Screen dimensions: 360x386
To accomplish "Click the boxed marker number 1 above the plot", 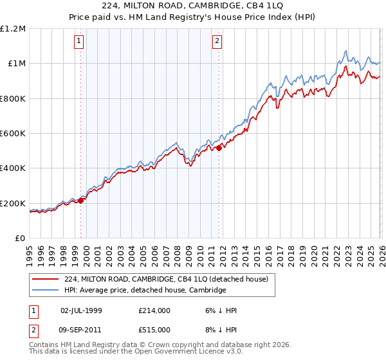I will [80, 42].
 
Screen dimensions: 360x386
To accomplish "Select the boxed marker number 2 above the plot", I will [217, 42].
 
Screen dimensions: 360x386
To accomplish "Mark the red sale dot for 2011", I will [219, 148].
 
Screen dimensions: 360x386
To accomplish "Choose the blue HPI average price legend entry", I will [145, 291].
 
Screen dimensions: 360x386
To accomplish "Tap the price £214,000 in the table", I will [154, 310].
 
